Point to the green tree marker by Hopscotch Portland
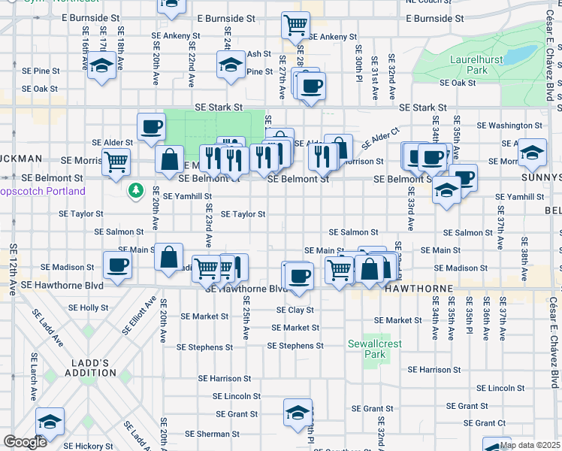coord(135,191)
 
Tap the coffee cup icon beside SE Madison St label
coord(118,265)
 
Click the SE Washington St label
coord(509,125)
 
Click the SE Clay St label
coord(295,310)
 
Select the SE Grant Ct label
coord(485,423)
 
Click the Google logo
coord(25,442)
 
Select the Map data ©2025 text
coord(530,445)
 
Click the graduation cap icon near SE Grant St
coord(298,412)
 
